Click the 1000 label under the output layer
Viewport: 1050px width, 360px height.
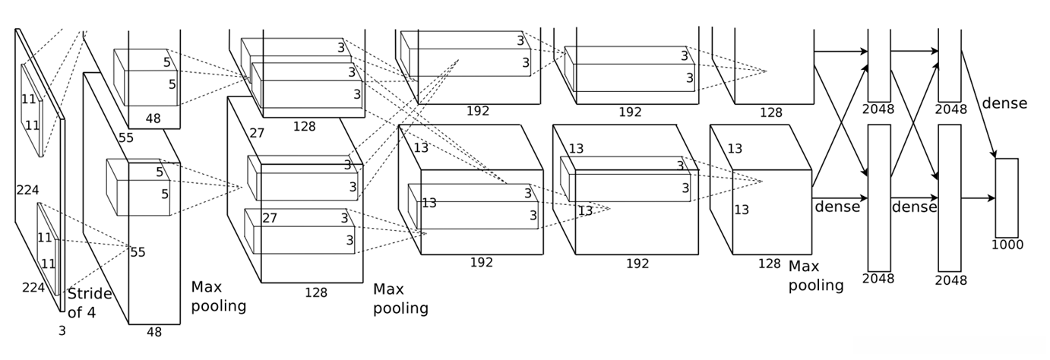click(x=1007, y=245)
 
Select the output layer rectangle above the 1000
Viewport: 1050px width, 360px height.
click(x=1007, y=197)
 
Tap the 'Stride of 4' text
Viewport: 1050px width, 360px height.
click(x=90, y=303)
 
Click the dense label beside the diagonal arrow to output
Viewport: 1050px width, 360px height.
click(x=1004, y=103)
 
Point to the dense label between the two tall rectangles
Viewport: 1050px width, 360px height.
click(x=915, y=207)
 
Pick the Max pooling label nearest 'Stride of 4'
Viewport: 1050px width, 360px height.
click(x=219, y=296)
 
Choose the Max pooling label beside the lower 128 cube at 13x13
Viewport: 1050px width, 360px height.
click(x=816, y=276)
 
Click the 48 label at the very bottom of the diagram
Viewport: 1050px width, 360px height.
click(x=154, y=333)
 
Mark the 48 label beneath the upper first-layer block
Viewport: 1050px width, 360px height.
click(x=153, y=118)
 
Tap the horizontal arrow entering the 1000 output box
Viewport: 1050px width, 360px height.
click(x=979, y=198)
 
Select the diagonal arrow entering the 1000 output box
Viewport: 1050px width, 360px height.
click(x=979, y=104)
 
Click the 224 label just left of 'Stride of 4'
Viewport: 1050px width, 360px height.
click(x=33, y=287)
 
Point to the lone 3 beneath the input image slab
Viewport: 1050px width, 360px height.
click(x=62, y=331)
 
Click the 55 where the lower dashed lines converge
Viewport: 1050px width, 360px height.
click(x=138, y=252)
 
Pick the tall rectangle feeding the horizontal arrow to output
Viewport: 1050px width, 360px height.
click(x=950, y=197)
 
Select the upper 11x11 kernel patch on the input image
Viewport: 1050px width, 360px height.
click(x=32, y=111)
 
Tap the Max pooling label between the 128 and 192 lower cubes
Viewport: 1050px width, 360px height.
click(x=401, y=298)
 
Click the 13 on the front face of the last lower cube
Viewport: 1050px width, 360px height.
click(x=742, y=210)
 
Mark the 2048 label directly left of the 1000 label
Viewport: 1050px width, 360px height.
click(x=950, y=280)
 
